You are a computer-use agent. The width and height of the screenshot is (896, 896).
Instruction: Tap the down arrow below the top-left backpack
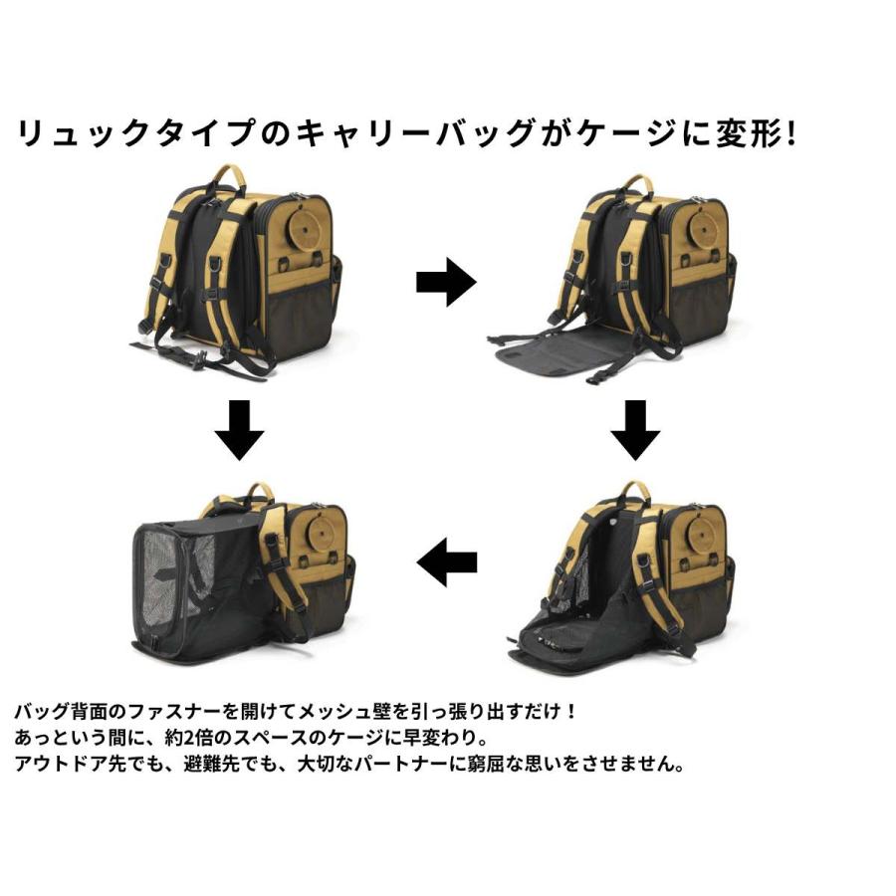tap(239, 430)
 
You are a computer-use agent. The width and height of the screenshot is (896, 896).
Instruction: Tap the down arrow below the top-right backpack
tap(634, 430)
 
